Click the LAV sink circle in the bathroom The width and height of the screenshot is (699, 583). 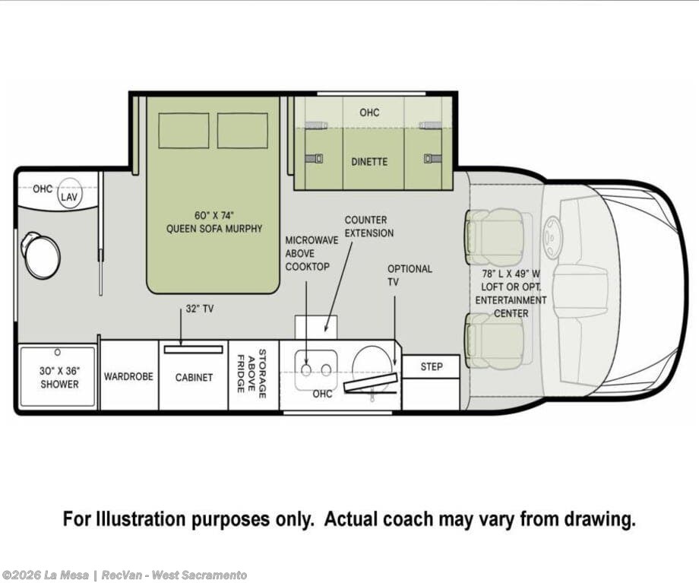[x=69, y=193]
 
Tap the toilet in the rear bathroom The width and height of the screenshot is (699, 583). [x=40, y=255]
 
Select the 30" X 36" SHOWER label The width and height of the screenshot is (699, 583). [x=59, y=377]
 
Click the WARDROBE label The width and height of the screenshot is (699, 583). [x=128, y=376]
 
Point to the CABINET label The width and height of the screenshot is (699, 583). [x=194, y=377]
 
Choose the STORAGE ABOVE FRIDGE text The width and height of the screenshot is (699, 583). [x=251, y=373]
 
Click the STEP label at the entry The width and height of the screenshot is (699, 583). [x=432, y=366]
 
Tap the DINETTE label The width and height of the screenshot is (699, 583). [x=369, y=162]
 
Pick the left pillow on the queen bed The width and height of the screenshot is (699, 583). [x=184, y=131]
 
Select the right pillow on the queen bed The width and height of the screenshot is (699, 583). [x=242, y=131]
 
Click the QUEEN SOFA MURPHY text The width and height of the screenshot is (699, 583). [x=214, y=229]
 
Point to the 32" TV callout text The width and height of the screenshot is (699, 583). [x=199, y=309]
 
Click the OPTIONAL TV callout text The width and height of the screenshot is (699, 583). [x=410, y=275]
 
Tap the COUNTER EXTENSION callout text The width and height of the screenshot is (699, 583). [x=369, y=227]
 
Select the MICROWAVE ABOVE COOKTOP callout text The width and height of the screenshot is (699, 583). [x=312, y=253]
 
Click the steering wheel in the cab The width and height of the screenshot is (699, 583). [x=553, y=238]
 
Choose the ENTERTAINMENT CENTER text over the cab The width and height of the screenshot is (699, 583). [x=511, y=306]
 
